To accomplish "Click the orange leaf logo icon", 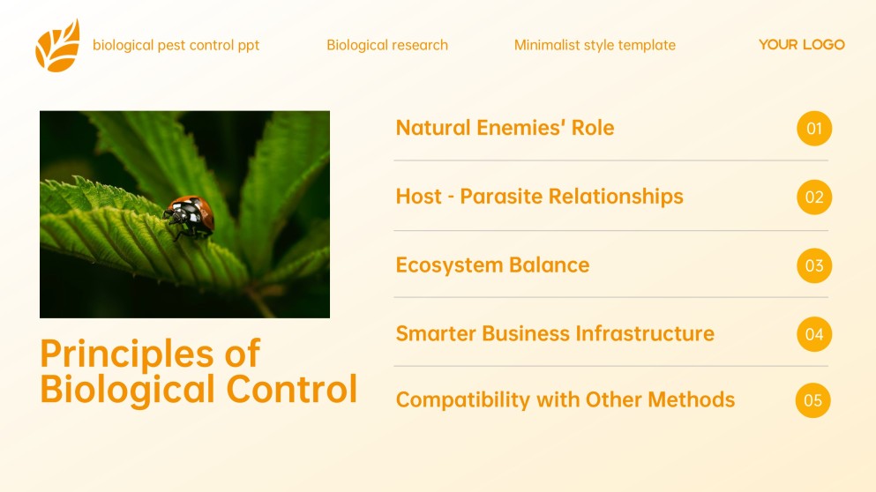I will point(57,46).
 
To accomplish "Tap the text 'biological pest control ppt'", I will point(176,45).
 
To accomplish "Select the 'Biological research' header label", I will point(387,45).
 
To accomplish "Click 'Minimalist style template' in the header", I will point(595,45).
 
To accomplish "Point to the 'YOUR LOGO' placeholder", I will point(801,44).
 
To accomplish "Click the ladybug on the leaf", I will point(190,215).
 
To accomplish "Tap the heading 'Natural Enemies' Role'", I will point(505,128).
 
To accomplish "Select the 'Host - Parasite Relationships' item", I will point(539,196).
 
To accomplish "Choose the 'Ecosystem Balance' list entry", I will point(492,265).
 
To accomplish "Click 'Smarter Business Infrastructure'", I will point(555,333).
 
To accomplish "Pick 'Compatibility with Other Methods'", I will point(565,399).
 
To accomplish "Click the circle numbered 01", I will point(813,129).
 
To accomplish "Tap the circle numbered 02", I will point(813,197).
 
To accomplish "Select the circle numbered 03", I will point(813,265).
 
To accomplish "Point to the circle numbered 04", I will point(813,334).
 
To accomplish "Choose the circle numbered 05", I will point(812,400).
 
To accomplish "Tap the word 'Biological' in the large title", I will point(127,389).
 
